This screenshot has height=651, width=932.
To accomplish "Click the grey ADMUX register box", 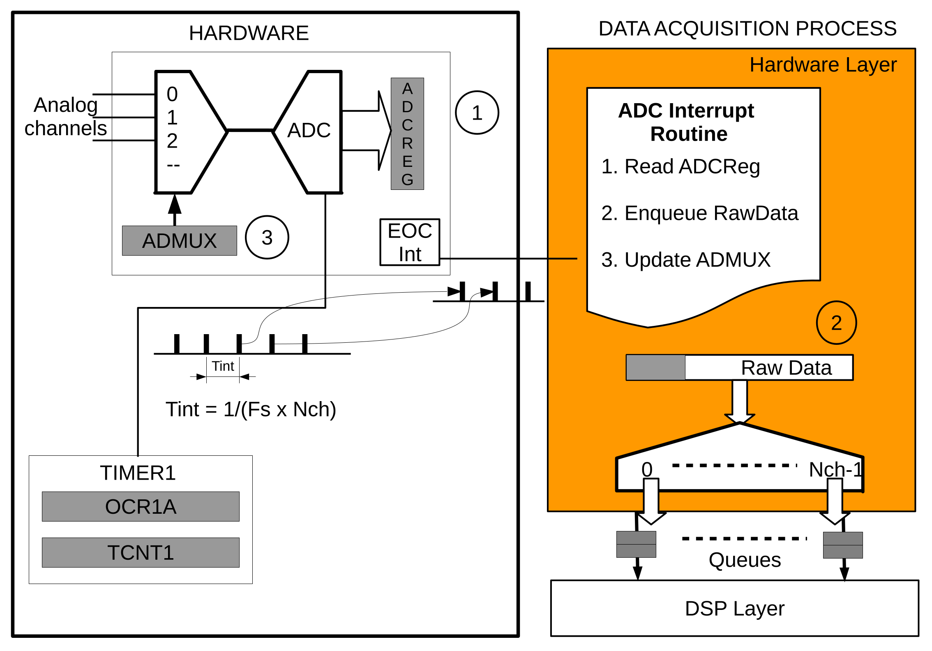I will click(x=179, y=240).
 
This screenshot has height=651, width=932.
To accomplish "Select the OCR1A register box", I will click(x=141, y=506).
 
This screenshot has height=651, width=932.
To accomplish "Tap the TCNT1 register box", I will click(x=141, y=552).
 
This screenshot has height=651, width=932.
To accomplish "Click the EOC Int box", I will click(x=409, y=242).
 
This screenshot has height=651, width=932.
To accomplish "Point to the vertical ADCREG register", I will click(x=407, y=134).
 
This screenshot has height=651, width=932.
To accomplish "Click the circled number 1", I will click(x=477, y=113).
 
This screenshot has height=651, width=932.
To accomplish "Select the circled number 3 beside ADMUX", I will click(x=267, y=238).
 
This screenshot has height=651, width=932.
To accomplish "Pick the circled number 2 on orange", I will click(x=836, y=323).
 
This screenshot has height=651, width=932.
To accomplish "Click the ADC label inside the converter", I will click(x=309, y=130).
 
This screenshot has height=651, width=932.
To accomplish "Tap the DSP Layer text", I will click(x=734, y=608).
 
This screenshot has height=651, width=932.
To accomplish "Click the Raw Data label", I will click(x=786, y=367).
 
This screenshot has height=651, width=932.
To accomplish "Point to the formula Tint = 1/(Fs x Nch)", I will click(x=251, y=409).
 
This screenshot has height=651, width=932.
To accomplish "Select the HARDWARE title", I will click(x=249, y=33).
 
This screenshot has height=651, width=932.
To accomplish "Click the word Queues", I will click(x=745, y=560).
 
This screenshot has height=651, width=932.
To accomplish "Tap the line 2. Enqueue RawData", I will click(x=699, y=213).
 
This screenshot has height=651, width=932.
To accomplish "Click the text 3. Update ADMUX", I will click(x=685, y=260).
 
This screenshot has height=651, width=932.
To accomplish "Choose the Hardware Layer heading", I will click(x=823, y=65).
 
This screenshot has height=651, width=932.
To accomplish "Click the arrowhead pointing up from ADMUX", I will click(x=175, y=204).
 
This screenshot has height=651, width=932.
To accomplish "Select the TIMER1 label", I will click(x=138, y=473).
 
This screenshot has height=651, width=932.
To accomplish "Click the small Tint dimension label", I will click(x=223, y=366).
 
